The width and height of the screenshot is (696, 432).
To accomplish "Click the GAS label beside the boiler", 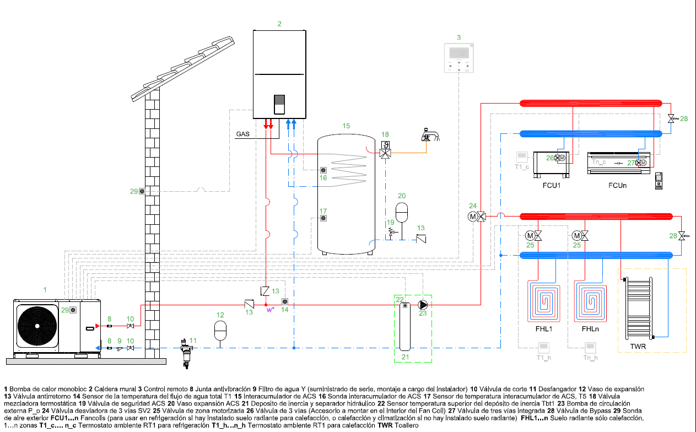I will point(242,134).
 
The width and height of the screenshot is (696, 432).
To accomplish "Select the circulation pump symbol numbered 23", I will point(423,304).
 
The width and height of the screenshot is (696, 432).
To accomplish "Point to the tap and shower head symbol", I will point(429,135).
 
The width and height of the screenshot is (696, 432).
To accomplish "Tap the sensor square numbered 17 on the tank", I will point(323,219).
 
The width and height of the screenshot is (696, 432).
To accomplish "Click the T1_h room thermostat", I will point(543,347).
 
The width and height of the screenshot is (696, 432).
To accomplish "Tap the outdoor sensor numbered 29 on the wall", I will point(142,191).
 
